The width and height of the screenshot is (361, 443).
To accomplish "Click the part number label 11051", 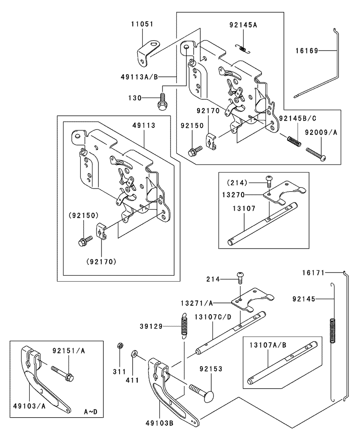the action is (x=143, y=24).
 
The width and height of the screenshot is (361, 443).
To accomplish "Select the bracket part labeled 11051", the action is (x=147, y=52).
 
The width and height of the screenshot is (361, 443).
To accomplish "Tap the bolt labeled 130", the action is (x=162, y=102).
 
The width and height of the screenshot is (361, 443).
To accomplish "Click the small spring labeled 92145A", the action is (x=243, y=48).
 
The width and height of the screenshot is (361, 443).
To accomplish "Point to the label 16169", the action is (x=307, y=51).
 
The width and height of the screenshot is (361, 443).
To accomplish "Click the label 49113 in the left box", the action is (x=144, y=125).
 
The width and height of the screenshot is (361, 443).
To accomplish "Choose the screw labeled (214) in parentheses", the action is (x=269, y=180).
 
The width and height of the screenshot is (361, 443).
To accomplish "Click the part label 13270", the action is (x=234, y=195).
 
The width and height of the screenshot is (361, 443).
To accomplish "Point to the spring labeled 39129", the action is (x=185, y=326).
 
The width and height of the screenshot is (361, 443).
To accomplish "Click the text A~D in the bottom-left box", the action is (x=91, y=412).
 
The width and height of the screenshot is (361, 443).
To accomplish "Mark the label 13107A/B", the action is (x=268, y=345).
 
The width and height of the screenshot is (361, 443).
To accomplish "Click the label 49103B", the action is (x=159, y=423).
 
